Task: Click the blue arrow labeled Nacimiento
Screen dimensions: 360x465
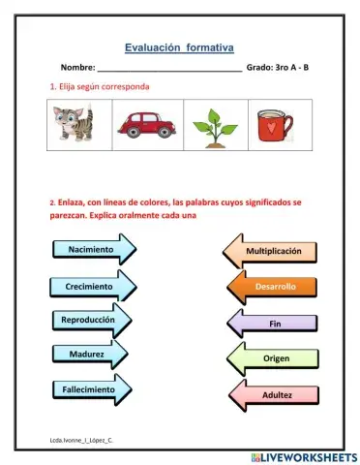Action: (91, 250)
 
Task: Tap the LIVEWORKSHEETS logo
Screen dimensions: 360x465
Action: (301, 455)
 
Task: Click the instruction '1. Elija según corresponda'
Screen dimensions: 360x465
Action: (101, 86)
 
